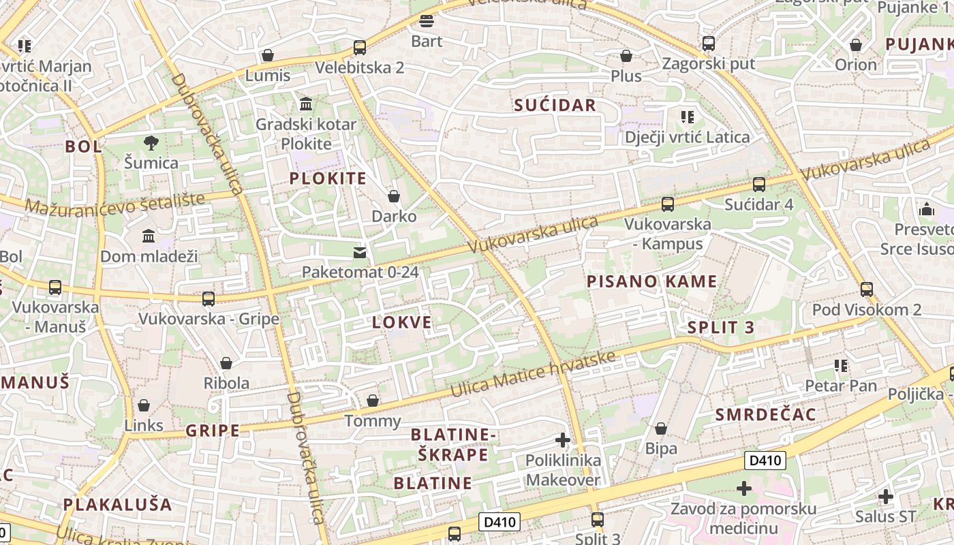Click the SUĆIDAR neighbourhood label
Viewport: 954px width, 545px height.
[555, 105]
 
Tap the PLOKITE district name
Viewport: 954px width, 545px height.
[328, 178]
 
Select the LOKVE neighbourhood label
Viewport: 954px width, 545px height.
[402, 322]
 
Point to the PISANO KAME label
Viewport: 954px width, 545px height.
[652, 281]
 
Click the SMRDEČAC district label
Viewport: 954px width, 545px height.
[766, 414]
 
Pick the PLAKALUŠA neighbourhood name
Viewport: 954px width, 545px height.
[118, 504]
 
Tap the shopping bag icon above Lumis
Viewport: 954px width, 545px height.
[268, 55]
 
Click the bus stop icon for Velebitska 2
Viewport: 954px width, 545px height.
[359, 48]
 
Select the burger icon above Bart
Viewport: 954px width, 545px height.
[427, 21]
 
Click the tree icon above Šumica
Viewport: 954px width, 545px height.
[151, 142]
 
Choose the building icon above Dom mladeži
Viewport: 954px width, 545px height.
[149, 236]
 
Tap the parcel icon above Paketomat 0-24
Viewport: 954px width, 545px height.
[359, 253]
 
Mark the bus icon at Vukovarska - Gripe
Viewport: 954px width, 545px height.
[209, 298]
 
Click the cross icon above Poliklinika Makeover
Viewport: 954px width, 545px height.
[563, 440]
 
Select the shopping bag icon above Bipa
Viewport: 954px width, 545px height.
[661, 429]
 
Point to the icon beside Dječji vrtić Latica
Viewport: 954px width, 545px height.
[687, 117]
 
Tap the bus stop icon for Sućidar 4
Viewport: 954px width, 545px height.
[758, 184]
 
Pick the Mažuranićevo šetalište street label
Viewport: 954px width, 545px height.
[115, 202]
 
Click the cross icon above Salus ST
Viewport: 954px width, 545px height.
[885, 497]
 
